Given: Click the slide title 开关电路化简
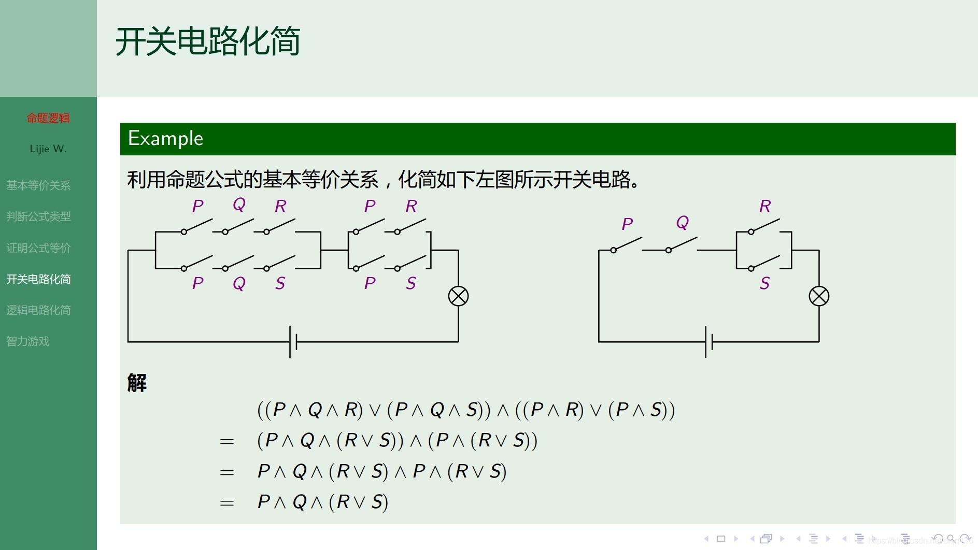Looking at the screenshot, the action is pyautogui.click(x=207, y=41).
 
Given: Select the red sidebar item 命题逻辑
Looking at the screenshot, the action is pyautogui.click(x=48, y=118).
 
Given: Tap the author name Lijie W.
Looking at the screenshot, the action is pyautogui.click(x=48, y=149).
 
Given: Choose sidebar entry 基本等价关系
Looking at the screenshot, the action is pyautogui.click(x=38, y=185).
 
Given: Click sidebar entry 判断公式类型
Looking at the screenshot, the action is pyautogui.click(x=38, y=216).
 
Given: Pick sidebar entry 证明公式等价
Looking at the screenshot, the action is pyautogui.click(x=38, y=248).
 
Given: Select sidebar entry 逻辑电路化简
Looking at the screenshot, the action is pyautogui.click(x=38, y=310).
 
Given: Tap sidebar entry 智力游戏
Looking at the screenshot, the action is pyautogui.click(x=28, y=341).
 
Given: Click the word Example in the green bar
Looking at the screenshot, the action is pyautogui.click(x=165, y=139).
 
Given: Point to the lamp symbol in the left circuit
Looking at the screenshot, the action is pyautogui.click(x=458, y=296).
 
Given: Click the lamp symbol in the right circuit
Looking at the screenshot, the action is pyautogui.click(x=819, y=296).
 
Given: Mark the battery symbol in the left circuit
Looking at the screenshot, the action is pyautogui.click(x=293, y=342).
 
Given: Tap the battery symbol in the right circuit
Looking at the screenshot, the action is pyautogui.click(x=708, y=342).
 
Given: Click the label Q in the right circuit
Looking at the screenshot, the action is pyautogui.click(x=683, y=222).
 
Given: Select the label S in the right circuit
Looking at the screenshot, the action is pyautogui.click(x=764, y=283).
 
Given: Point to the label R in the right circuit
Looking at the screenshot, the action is pyautogui.click(x=765, y=206).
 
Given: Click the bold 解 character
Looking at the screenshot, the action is pyautogui.click(x=137, y=383).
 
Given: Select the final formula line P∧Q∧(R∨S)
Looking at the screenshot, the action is pyautogui.click(x=322, y=502).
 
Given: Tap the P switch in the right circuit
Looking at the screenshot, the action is pyautogui.click(x=627, y=244).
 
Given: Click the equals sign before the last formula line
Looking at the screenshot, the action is pyautogui.click(x=226, y=503).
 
